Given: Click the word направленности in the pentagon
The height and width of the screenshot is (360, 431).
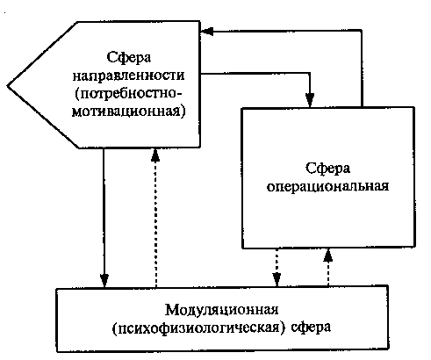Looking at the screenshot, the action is coord(128,76).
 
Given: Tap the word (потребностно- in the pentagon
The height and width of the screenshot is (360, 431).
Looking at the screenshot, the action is coord(128,94).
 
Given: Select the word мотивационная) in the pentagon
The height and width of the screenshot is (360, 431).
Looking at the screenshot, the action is coord(128,112).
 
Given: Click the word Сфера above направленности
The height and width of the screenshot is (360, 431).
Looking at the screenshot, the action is coord(129,57).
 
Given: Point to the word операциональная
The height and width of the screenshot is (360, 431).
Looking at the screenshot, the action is coord(327,187).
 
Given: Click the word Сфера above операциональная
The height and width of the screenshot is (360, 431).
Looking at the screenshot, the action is coord(327,169).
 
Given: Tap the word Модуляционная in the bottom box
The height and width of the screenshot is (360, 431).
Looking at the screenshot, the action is coord(221,310).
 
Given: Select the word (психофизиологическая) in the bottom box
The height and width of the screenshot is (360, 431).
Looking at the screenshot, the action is coord(198,328).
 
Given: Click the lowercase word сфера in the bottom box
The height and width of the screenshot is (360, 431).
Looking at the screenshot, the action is coord(311,328).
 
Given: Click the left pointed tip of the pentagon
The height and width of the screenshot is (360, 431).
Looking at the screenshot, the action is coord(7,86).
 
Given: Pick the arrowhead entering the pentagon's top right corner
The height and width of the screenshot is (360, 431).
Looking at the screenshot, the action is coord(207,31).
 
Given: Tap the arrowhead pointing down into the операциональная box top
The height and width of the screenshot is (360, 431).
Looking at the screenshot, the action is coord(310,100).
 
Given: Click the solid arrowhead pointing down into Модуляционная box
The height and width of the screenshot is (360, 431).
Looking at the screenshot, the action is coord(104,281).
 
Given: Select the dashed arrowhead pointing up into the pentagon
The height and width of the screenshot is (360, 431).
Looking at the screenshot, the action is coord(155,155).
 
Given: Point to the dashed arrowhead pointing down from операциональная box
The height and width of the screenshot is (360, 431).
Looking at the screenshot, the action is coord(277,279).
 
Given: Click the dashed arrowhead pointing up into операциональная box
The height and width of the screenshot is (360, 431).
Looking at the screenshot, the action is coord(328,256).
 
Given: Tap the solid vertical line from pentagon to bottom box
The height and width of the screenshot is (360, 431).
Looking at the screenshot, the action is coord(104,218).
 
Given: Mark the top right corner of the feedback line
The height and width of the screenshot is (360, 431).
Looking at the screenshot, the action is coord(362,30).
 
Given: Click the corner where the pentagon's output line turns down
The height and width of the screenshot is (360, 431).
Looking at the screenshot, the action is coord(310,73).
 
